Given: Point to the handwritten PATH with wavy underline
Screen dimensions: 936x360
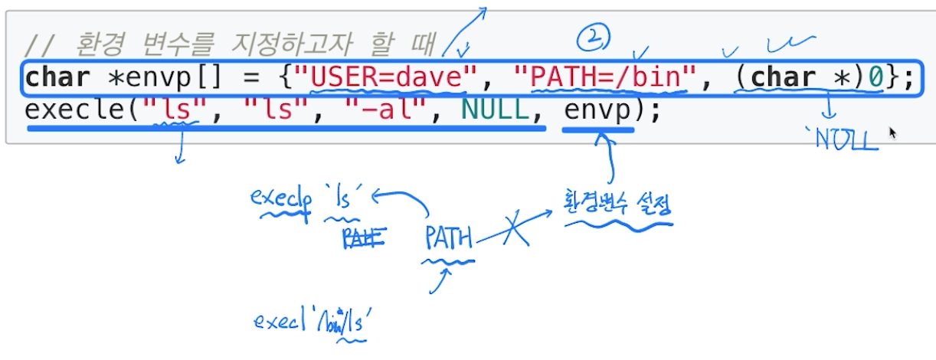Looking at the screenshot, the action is click(x=449, y=239).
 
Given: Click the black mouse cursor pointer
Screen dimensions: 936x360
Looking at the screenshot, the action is click(x=892, y=133).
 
